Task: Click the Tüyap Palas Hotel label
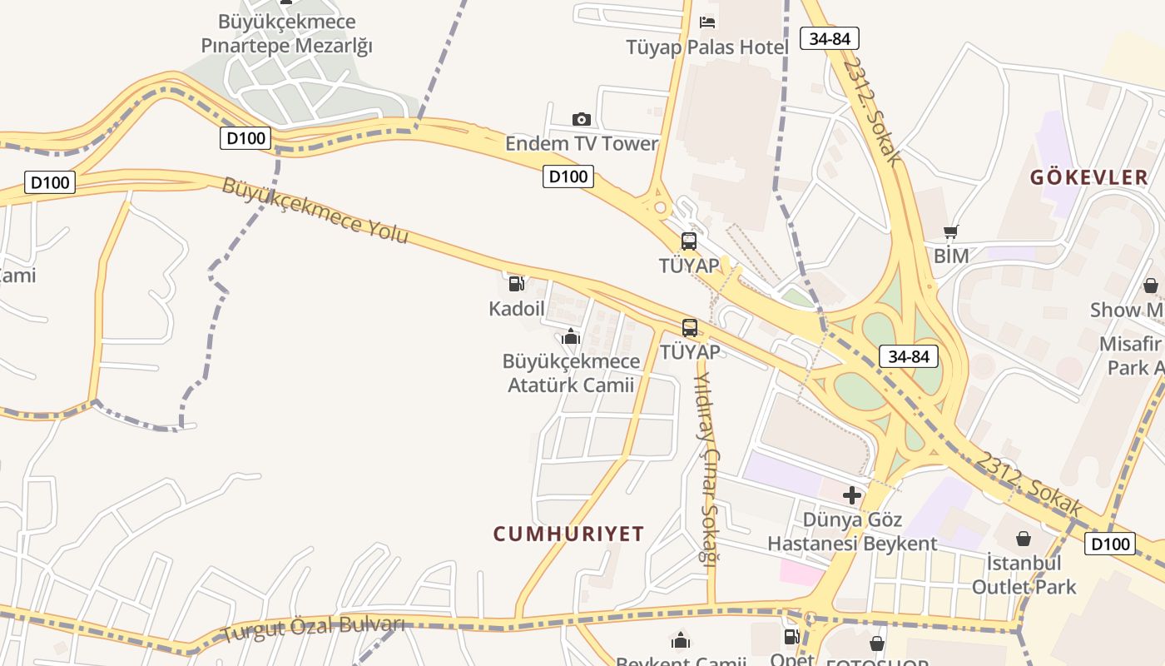tap(707, 47)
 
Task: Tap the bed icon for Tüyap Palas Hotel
tap(707, 22)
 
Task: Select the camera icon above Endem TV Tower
tap(582, 120)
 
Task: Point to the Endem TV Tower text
tap(582, 143)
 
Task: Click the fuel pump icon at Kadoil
tap(517, 284)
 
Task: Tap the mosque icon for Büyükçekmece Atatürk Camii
tap(571, 337)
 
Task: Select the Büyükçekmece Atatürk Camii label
tap(571, 373)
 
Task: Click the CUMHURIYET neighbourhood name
tap(569, 534)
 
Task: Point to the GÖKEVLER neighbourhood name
tap(1089, 177)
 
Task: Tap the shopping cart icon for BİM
tap(951, 232)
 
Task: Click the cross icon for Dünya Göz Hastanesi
tap(852, 496)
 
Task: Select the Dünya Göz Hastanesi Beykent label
tap(852, 532)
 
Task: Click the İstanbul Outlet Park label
tap(1024, 574)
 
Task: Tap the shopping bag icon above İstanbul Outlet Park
tap(1024, 539)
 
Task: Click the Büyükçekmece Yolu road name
tap(315, 210)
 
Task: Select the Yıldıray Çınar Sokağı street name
tap(706, 469)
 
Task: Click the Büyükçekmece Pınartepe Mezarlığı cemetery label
tap(287, 33)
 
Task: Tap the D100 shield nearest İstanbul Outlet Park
tap(1110, 544)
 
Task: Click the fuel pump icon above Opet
tap(791, 638)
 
